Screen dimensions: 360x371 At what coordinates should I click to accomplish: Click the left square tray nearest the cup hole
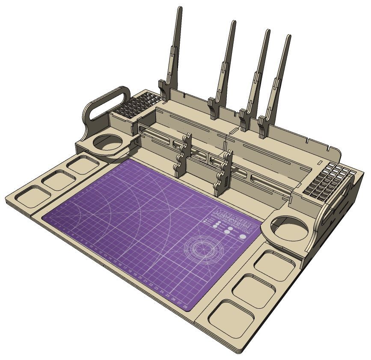point(83,165)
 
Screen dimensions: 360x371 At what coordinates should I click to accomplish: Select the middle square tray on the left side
point(59,180)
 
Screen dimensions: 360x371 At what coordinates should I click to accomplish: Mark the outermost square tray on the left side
point(32,196)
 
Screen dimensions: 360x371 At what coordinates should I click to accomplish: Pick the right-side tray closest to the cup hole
point(275,265)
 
